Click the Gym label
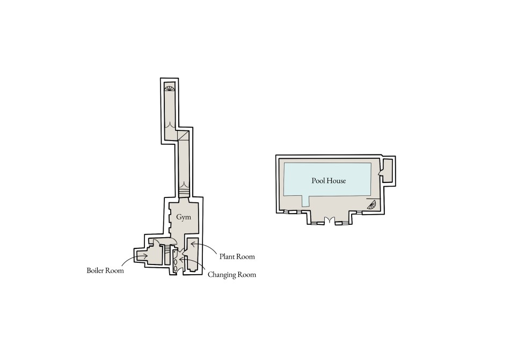(x=184, y=217)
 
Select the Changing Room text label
(x=232, y=275)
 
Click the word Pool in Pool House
(x=319, y=181)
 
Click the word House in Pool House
(x=337, y=181)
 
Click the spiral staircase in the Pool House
(x=371, y=204)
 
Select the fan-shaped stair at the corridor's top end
(x=170, y=89)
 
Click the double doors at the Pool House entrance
(x=330, y=221)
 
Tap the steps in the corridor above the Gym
(x=184, y=189)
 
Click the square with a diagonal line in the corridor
(x=184, y=135)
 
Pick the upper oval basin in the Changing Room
(x=176, y=261)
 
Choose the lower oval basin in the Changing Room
(x=176, y=268)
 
